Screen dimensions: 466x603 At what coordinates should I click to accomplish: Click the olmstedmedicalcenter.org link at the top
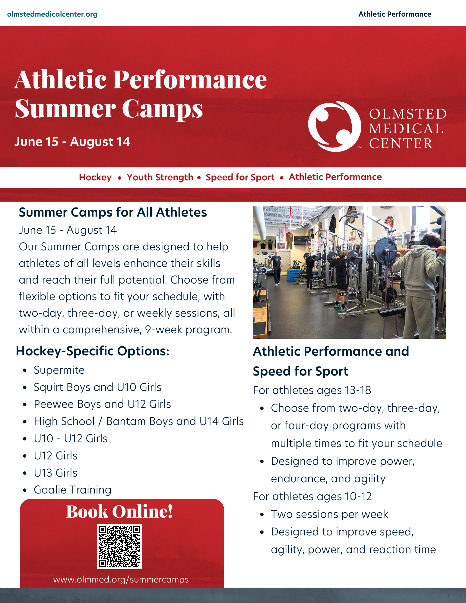point(52,14)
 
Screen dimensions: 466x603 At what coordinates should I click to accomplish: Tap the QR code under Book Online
point(119,547)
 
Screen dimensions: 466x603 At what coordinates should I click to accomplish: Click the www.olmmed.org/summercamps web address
point(121,579)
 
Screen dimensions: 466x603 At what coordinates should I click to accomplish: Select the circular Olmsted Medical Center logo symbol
point(334,126)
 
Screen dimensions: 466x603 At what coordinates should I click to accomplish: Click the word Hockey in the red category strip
point(95,177)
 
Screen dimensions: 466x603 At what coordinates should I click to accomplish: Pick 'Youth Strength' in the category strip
point(160,177)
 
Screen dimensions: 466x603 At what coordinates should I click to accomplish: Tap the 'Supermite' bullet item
point(59,370)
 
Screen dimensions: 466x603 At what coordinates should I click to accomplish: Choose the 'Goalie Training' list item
point(72,490)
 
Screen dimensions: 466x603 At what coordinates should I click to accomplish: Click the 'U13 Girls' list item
point(55,473)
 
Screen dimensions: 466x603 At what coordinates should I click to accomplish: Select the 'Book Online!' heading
point(119,512)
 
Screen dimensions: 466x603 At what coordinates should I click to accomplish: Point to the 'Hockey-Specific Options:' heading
point(93,351)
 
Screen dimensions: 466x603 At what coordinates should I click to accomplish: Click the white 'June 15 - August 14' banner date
point(72,142)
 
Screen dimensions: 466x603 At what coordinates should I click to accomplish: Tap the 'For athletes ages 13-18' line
point(312,390)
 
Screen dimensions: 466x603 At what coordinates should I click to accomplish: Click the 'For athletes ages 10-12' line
point(312,497)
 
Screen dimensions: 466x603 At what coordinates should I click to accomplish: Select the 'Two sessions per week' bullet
point(329,514)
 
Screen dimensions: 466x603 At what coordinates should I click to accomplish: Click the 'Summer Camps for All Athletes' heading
point(113,212)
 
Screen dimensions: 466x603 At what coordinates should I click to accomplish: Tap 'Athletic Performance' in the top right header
point(395,14)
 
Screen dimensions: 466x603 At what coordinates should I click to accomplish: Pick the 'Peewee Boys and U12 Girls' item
point(102,404)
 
